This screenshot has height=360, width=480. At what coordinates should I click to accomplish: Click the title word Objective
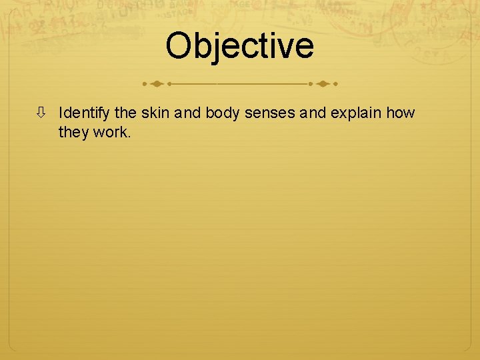click(x=239, y=45)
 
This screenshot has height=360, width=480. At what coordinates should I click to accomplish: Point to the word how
click(x=400, y=113)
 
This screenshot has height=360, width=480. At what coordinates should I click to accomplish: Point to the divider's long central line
click(x=240, y=85)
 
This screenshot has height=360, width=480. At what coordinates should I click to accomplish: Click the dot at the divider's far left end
click(x=144, y=85)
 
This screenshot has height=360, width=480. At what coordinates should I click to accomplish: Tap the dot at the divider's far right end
click(x=335, y=85)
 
